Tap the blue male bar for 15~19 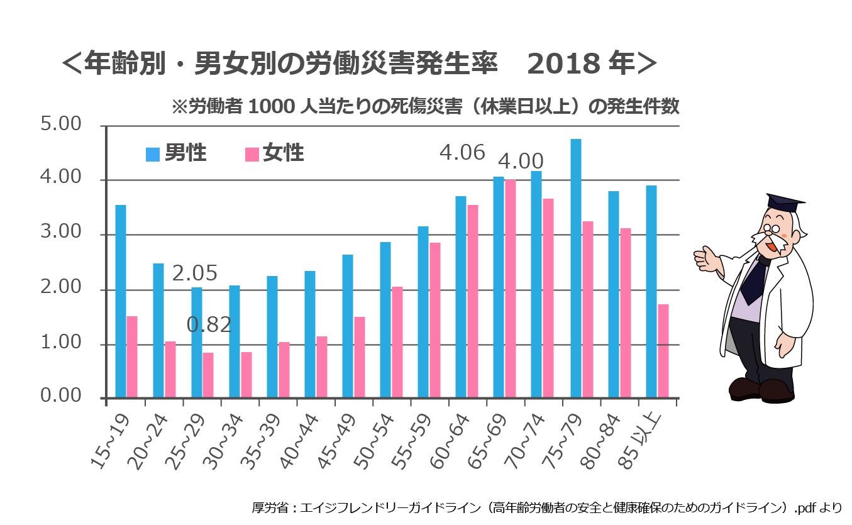[x=121, y=301]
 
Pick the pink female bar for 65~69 [x=510, y=289]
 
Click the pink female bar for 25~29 [x=208, y=375]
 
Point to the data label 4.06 [x=462, y=153]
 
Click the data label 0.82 [x=209, y=324]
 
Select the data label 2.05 [x=195, y=274]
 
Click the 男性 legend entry [x=176, y=153]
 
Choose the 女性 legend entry [x=274, y=153]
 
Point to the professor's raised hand [x=707, y=258]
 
